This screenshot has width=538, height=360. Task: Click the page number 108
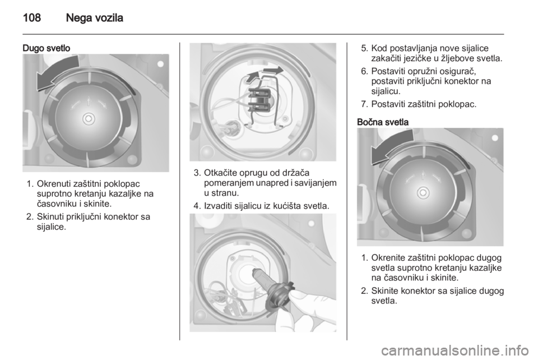(32, 17)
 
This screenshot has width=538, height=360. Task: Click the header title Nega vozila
(94, 17)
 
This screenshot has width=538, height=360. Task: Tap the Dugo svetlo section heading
(47, 48)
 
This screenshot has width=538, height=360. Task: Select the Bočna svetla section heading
(383, 122)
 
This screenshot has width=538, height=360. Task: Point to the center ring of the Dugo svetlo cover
(89, 119)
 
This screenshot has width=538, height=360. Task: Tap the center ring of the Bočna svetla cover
(423, 193)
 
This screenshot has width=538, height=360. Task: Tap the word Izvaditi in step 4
(219, 206)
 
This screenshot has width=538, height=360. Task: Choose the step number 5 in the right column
(365, 48)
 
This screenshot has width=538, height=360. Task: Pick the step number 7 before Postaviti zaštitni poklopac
(365, 104)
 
